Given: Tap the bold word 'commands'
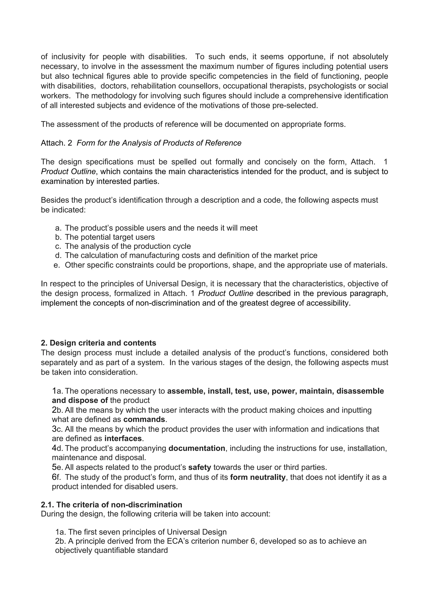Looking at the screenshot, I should coord(144,420).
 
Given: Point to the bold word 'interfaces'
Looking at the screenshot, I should coord(123,439).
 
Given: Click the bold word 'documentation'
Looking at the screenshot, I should coord(197,448).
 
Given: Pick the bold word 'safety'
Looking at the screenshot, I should coord(200,468).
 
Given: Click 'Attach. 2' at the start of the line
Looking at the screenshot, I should coord(56,143).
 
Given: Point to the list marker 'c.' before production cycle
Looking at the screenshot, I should coord(58,246).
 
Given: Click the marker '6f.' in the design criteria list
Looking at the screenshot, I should coord(56,477).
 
